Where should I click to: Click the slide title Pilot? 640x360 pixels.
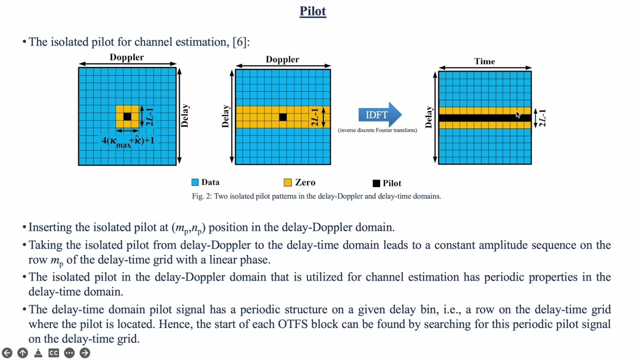click(x=312, y=11)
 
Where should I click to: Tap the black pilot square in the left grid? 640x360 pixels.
click(x=127, y=116)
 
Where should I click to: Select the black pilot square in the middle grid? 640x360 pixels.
click(x=283, y=117)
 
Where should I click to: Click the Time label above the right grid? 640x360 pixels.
click(x=484, y=61)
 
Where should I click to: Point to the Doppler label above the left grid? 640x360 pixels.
click(x=126, y=57)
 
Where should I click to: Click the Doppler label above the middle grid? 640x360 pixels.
click(x=282, y=59)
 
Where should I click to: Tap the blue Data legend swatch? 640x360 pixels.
click(x=195, y=182)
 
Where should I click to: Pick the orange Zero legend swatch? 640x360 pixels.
click(x=287, y=182)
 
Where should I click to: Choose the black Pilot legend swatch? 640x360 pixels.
click(x=376, y=183)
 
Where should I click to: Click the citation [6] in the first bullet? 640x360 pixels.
click(x=240, y=41)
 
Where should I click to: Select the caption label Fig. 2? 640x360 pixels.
click(x=201, y=196)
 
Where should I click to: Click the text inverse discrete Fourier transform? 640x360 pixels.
click(x=377, y=130)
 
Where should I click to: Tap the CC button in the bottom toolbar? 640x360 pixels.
click(x=53, y=353)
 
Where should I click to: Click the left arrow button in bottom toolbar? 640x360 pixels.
click(x=7, y=353)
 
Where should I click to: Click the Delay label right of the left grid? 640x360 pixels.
click(x=185, y=115)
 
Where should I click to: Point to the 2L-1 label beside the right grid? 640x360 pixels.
click(x=542, y=118)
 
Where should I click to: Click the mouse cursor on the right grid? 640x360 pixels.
click(x=517, y=115)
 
